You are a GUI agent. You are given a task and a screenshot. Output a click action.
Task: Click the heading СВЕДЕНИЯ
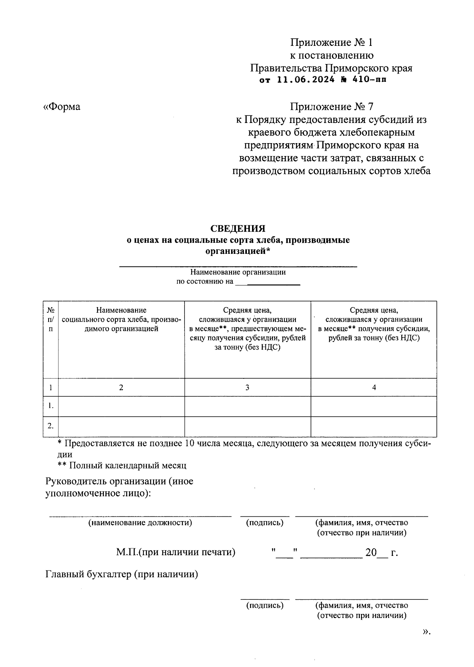(x=237, y=229)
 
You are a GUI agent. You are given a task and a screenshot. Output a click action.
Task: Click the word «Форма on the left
(x=62, y=107)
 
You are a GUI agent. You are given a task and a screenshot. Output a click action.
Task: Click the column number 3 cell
(x=247, y=387)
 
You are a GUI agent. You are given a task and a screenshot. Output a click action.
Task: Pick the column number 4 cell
(x=374, y=387)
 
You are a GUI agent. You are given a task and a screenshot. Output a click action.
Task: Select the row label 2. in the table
(x=51, y=426)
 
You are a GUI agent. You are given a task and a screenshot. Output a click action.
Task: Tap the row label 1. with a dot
(x=51, y=406)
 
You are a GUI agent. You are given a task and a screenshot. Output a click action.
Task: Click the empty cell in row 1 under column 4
(x=374, y=406)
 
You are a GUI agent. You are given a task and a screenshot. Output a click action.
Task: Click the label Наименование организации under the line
(x=238, y=272)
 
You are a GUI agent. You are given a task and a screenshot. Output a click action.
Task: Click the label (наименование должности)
(x=140, y=523)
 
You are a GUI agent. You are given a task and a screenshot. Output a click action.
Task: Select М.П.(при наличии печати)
(x=176, y=552)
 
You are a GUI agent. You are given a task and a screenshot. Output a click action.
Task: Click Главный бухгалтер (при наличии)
(x=122, y=574)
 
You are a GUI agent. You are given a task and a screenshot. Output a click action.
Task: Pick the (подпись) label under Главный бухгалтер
(x=265, y=605)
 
